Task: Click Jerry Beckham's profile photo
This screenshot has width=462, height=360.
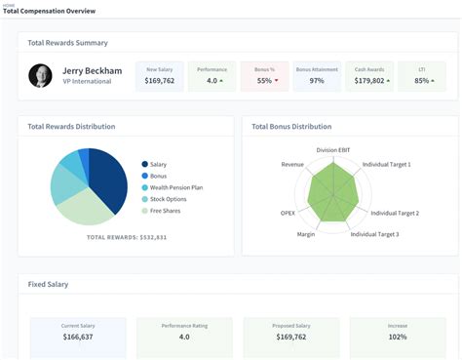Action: (x=41, y=75)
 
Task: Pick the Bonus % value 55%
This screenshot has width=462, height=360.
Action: (x=264, y=81)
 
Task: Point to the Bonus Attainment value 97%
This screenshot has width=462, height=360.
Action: (x=317, y=81)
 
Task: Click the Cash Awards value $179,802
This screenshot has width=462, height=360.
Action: (x=371, y=81)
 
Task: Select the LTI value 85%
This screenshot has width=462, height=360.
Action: (x=422, y=81)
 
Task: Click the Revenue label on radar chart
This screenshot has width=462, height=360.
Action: (x=292, y=165)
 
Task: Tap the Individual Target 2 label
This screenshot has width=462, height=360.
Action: (x=395, y=213)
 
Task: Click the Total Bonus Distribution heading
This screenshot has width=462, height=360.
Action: (x=291, y=127)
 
